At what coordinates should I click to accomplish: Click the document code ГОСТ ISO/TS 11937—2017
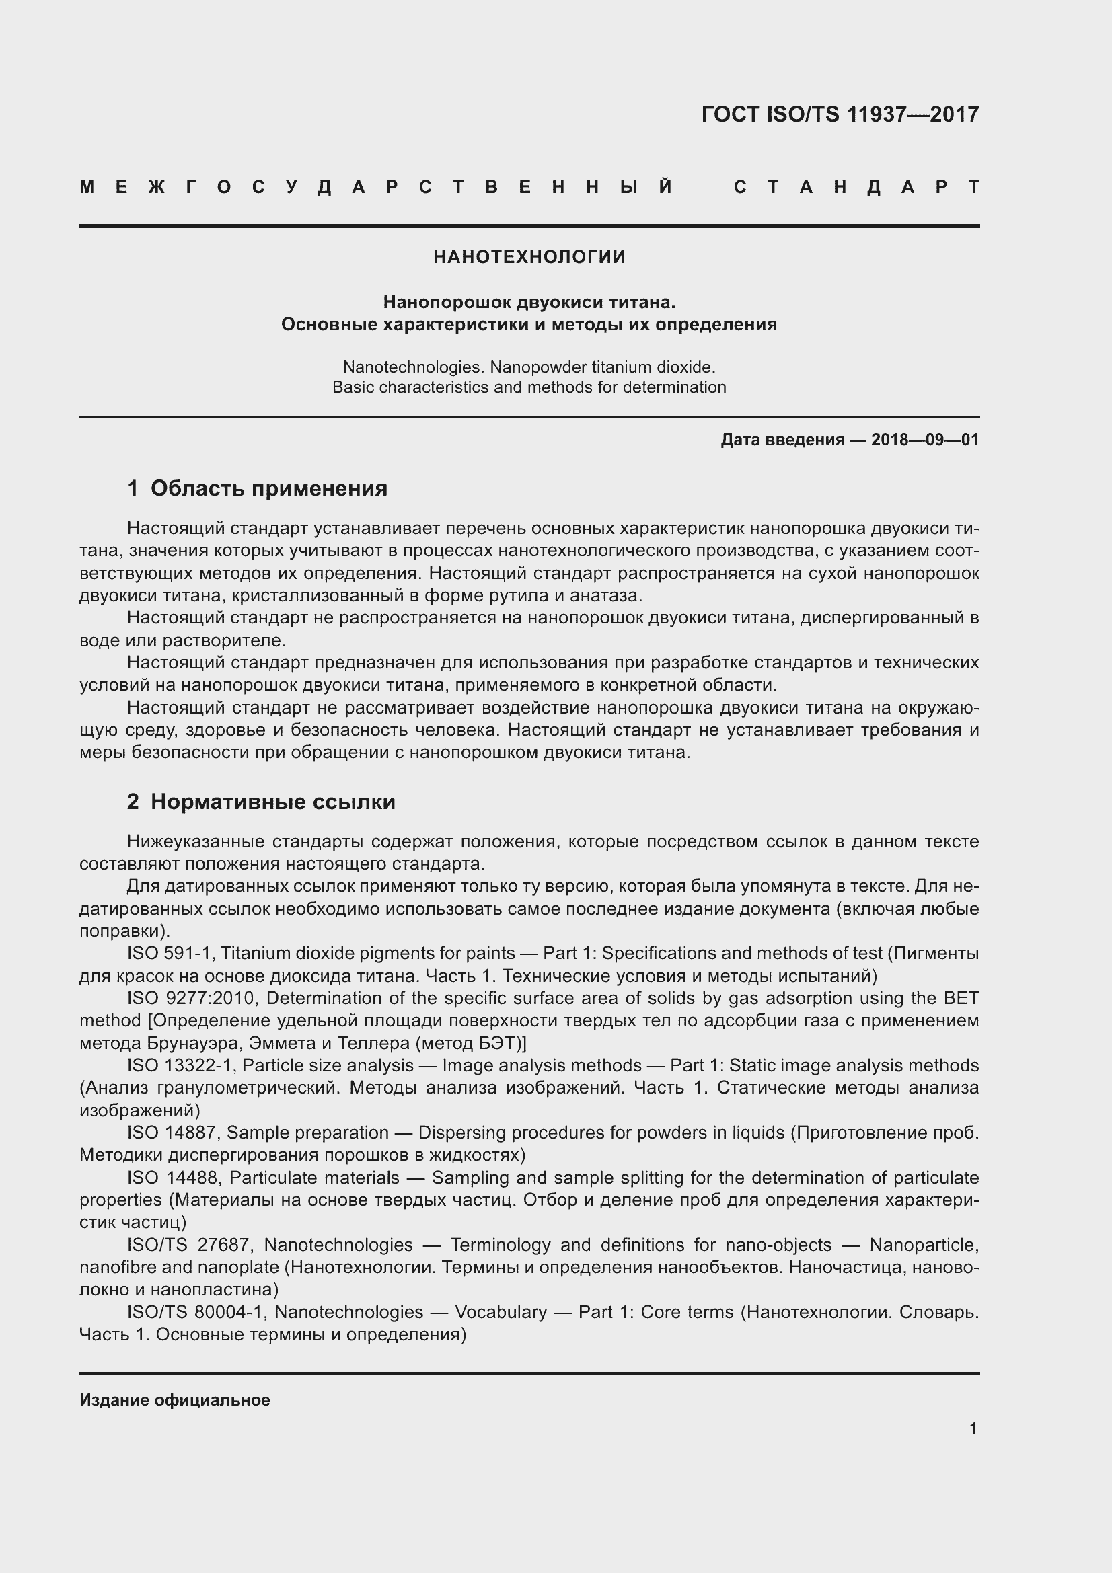(840, 114)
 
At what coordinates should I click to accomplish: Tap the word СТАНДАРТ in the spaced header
(856, 187)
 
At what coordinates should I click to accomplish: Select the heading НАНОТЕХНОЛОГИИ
(529, 257)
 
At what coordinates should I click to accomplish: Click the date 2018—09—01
(924, 440)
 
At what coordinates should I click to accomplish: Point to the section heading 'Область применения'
(268, 488)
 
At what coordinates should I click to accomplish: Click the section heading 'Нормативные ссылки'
(272, 802)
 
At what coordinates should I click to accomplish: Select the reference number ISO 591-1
(170, 953)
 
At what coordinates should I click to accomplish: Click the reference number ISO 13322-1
(181, 1065)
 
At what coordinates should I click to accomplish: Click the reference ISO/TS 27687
(190, 1245)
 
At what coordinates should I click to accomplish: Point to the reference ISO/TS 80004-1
(196, 1312)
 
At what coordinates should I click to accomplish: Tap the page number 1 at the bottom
(973, 1428)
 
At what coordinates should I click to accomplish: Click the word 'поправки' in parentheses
(120, 931)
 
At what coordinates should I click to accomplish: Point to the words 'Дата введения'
(782, 440)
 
